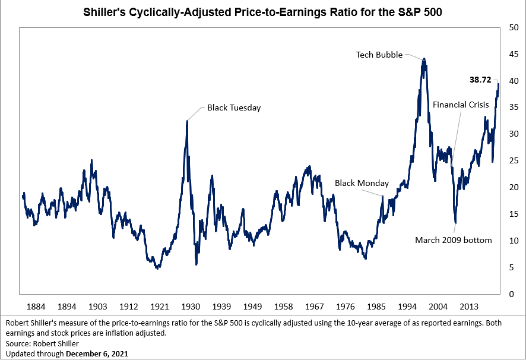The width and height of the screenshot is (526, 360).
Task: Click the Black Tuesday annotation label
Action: tap(233, 108)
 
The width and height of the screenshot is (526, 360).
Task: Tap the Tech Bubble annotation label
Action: tap(379, 55)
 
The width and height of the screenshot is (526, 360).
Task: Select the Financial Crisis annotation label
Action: tap(461, 105)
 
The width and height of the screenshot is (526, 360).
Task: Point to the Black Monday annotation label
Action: tap(362, 184)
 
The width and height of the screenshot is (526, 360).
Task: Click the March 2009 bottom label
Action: tap(454, 241)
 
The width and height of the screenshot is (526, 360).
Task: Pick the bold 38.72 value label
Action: tap(481, 79)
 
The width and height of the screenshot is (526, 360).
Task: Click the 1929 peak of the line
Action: tap(187, 121)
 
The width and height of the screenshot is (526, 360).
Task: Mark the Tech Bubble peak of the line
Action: tap(424, 59)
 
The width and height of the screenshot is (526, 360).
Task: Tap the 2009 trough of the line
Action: tap(455, 223)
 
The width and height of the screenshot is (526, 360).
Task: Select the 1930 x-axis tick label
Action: tap(190, 307)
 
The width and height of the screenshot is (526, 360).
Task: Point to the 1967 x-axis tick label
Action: tap(314, 307)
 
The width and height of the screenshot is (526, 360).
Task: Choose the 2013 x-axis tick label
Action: tap(469, 307)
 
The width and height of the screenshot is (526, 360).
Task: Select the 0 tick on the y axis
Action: tap(508, 294)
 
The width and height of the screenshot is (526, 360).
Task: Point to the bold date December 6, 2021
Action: tap(97, 353)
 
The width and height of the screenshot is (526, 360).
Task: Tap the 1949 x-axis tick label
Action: tap(252, 307)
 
